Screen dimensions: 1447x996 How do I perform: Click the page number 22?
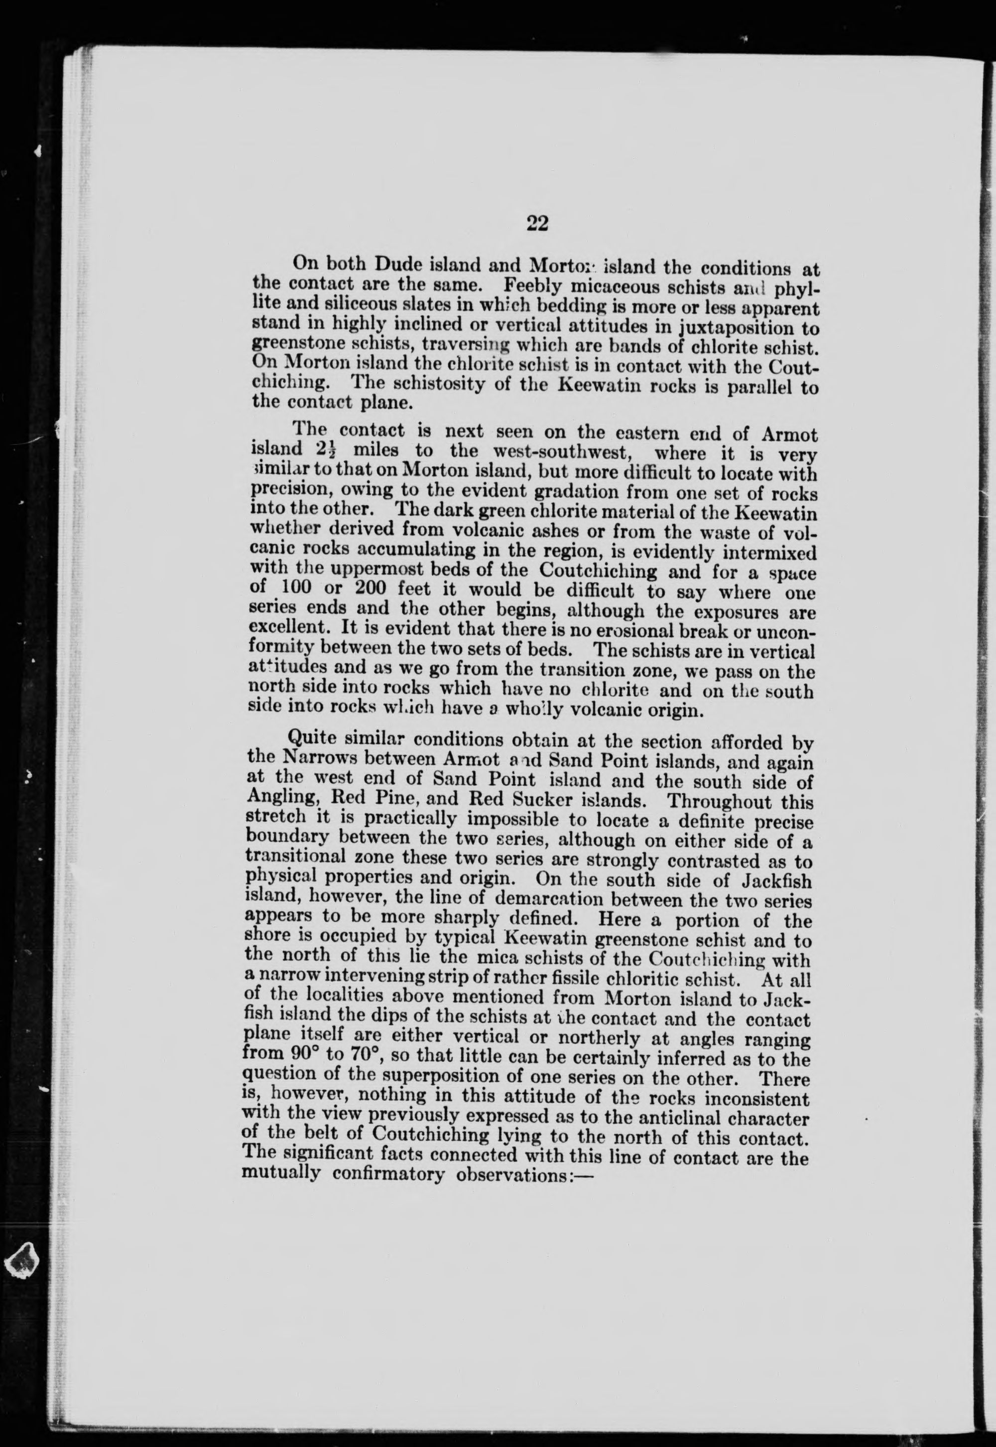537,223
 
